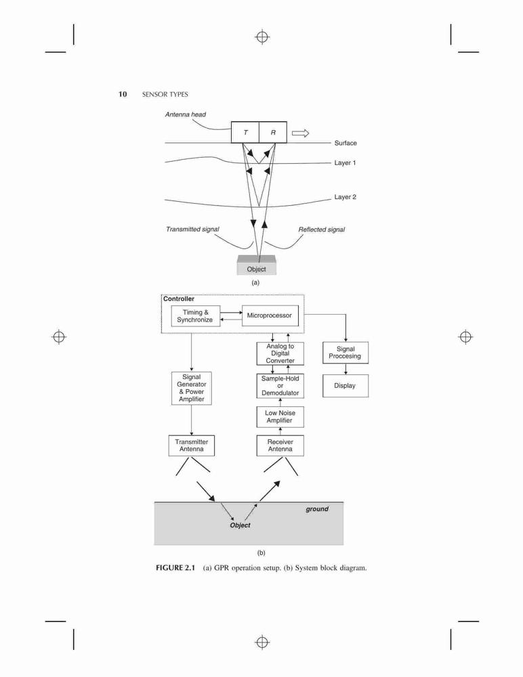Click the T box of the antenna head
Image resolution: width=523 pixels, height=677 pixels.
245,132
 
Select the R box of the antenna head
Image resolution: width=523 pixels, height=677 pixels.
273,132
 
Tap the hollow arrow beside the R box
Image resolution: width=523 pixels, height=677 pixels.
300,133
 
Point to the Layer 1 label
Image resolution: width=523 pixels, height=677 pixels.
345,162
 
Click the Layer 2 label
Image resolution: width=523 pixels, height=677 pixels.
345,197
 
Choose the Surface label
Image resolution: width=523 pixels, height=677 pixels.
346,143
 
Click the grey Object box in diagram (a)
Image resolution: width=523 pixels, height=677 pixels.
256,265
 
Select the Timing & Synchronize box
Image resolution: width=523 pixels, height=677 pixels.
195,316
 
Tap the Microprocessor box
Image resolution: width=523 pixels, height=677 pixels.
270,315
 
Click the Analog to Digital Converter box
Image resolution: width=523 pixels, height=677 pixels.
280,353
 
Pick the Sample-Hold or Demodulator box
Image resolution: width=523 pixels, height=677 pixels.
280,386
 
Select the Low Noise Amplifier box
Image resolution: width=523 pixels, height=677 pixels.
280,416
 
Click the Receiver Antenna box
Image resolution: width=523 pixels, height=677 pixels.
280,445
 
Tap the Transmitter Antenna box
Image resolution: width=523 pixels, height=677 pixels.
192,445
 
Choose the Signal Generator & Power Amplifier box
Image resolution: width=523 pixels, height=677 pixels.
192,388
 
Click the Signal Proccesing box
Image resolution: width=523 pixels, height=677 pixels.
346,353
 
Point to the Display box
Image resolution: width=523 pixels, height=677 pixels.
346,386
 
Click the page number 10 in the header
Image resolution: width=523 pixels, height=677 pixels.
123,94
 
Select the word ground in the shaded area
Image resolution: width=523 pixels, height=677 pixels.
317,509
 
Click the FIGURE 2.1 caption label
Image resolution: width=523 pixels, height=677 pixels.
175,568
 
